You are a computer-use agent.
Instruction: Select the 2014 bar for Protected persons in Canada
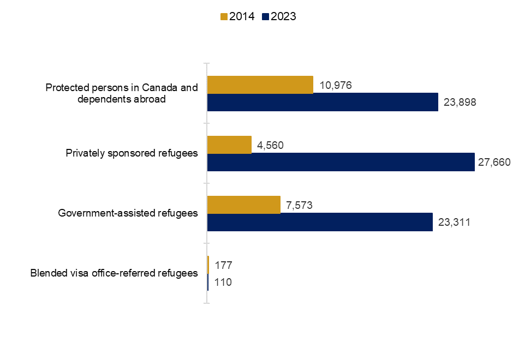[260, 85]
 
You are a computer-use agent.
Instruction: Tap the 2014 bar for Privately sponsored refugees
[230, 145]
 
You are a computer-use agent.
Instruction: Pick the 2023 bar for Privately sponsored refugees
[341, 162]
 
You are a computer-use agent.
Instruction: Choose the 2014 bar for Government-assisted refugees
[244, 205]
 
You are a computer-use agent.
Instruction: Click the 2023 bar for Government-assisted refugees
[320, 222]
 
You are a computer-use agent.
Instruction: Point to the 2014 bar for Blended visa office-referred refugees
[208, 265]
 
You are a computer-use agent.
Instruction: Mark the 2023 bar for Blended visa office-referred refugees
[208, 282]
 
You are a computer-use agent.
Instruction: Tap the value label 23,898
[460, 103]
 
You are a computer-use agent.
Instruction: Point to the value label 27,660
[493, 163]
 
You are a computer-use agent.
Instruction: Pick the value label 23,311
[454, 223]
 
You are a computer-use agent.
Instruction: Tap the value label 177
[224, 265]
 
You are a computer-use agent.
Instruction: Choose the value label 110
[223, 283]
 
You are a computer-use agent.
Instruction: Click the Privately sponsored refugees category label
[132, 153]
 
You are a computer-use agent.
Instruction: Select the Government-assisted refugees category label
[128, 213]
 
